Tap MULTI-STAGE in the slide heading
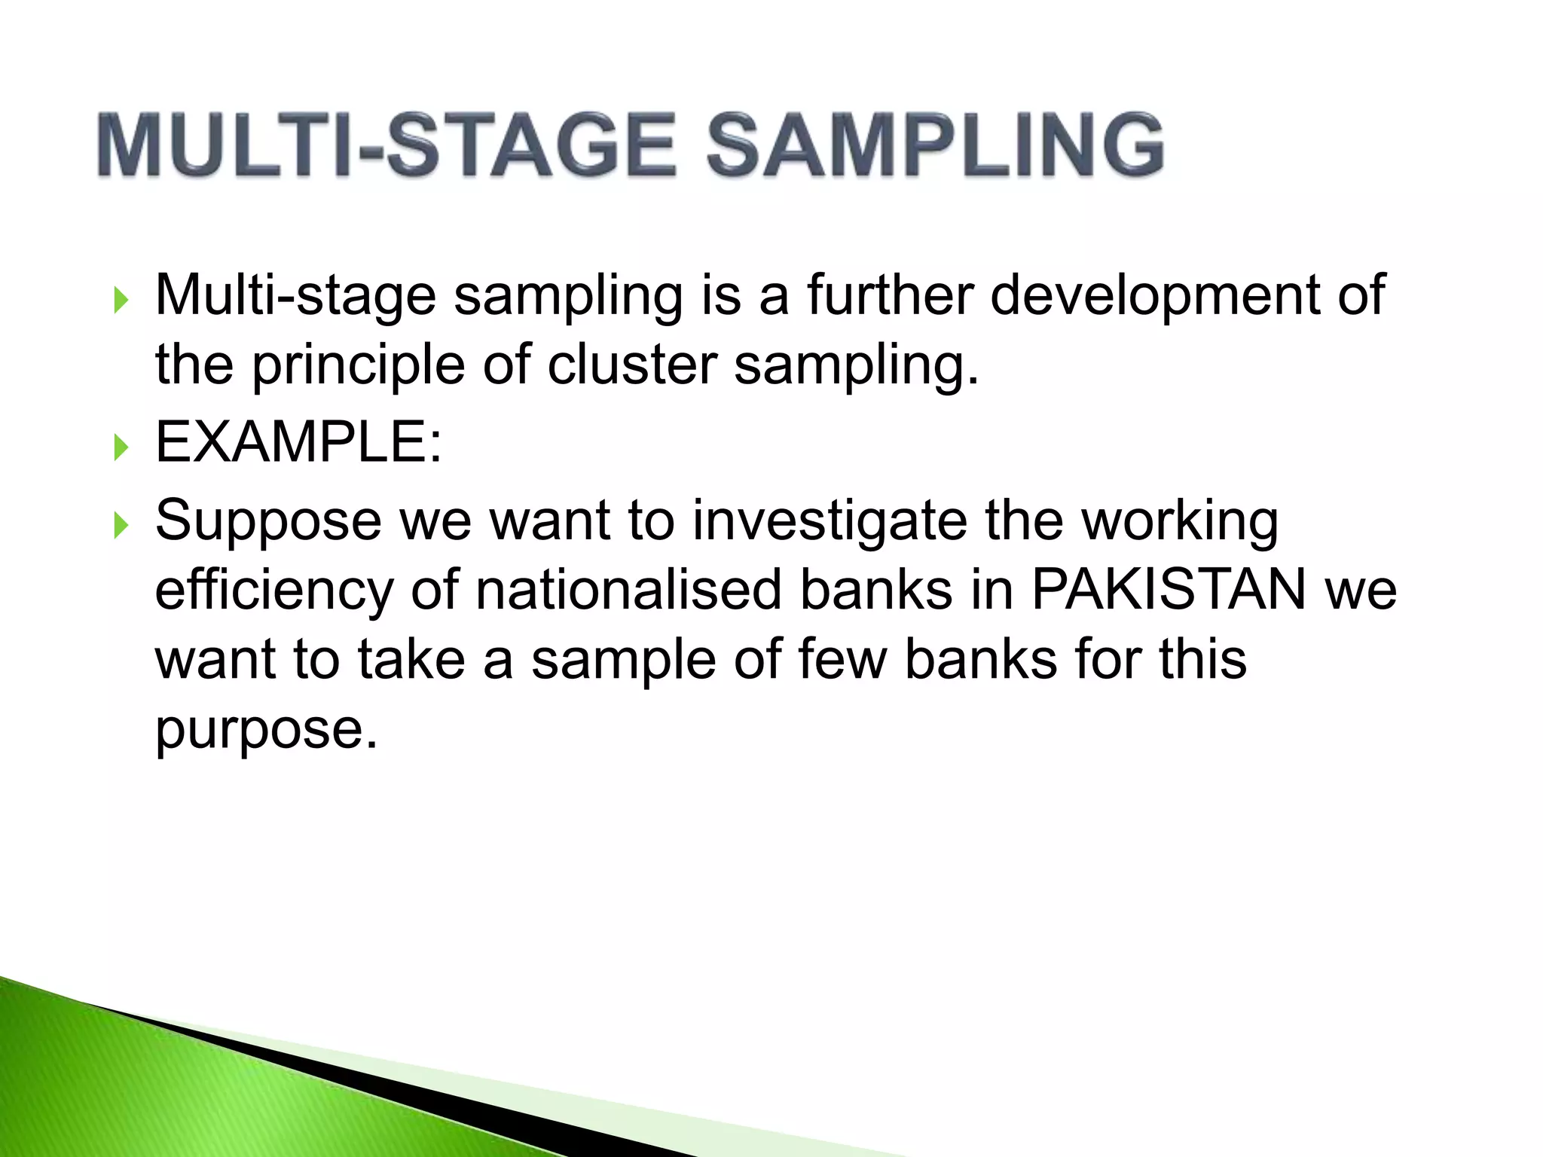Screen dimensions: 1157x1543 coord(386,145)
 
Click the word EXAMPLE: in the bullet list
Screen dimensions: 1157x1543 coord(298,442)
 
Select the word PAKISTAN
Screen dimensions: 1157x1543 coord(1169,589)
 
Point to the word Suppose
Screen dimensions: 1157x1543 coord(268,522)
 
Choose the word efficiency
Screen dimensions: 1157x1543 coord(273,591)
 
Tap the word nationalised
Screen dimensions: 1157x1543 coord(628,589)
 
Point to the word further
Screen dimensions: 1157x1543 coord(890,295)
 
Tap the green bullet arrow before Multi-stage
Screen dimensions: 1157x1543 coord(121,301)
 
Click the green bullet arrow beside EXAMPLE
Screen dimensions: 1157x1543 coord(121,447)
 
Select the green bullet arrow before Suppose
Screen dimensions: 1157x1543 coord(121,526)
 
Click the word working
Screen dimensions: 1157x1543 coord(1180,522)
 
